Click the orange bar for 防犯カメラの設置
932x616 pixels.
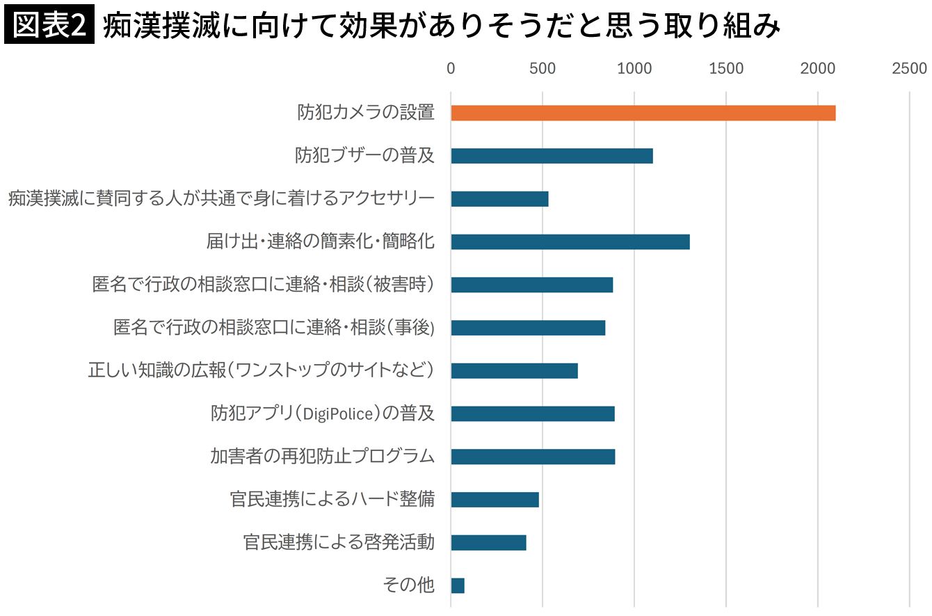coord(643,113)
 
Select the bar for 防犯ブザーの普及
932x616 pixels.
coord(552,156)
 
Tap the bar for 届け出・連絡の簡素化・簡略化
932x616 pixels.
coord(570,242)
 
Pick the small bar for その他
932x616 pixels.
coord(458,585)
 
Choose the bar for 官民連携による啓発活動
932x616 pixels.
coord(488,542)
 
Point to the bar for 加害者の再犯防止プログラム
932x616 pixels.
coord(533,457)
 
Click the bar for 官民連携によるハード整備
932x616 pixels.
coord(495,499)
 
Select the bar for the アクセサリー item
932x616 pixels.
coord(499,198)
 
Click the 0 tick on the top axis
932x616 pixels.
coord(451,68)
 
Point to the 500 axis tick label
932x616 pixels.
coord(543,68)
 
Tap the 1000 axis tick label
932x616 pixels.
coord(634,68)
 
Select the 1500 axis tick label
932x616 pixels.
coord(726,68)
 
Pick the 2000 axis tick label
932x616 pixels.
coord(818,68)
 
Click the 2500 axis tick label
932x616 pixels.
coord(910,68)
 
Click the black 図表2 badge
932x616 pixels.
coord(49,24)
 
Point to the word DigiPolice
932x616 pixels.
coord(339,414)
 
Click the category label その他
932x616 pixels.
coord(409,585)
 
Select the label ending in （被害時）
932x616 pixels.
coord(264,285)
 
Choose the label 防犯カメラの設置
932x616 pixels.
coord(366,112)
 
